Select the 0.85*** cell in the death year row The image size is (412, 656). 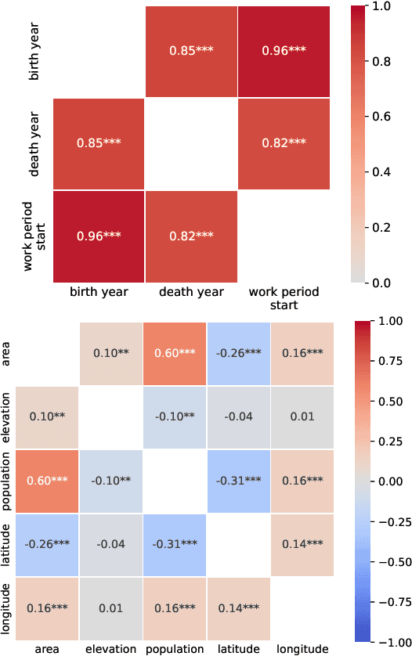99,143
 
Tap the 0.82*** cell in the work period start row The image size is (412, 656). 190,235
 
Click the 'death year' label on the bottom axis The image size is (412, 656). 190,293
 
